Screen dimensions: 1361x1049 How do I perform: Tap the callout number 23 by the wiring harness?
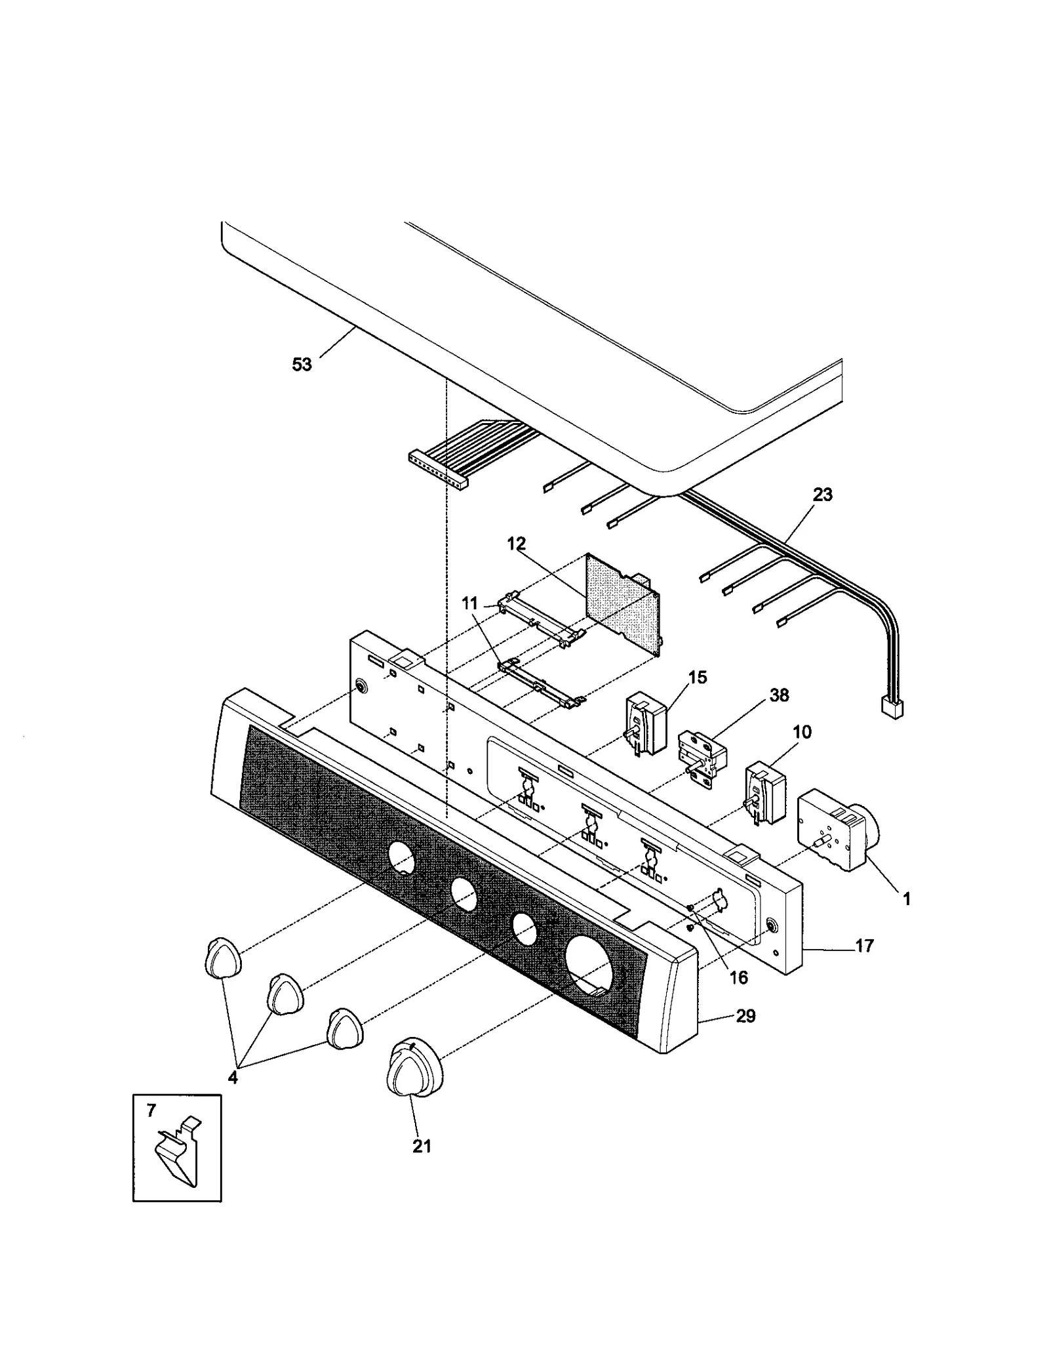(822, 495)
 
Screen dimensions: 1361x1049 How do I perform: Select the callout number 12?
(516, 544)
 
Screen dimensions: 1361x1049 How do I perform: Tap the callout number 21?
(422, 1146)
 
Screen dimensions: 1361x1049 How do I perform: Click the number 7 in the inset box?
(151, 1111)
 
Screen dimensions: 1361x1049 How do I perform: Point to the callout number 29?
(745, 1016)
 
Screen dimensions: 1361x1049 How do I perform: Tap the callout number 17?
(864, 946)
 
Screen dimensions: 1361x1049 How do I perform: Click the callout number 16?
(738, 977)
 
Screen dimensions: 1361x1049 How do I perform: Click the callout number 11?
(469, 603)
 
